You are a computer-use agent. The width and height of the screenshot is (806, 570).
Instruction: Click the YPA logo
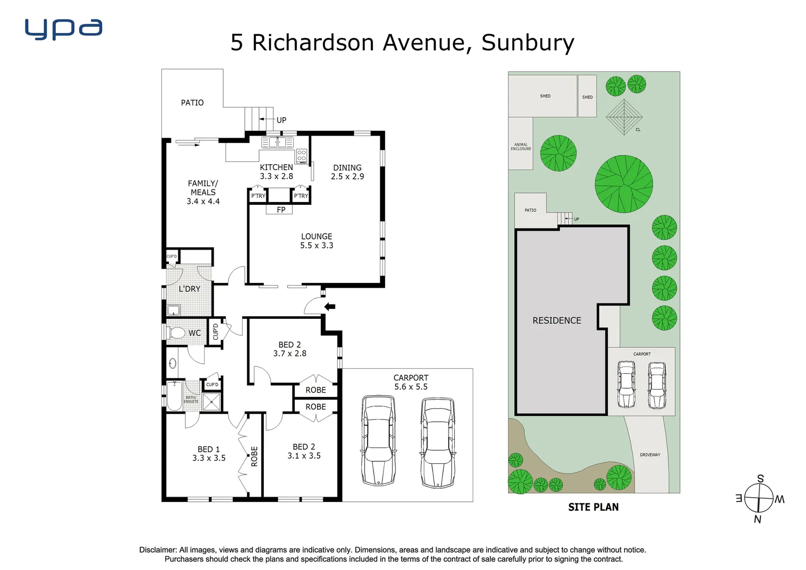(x=63, y=30)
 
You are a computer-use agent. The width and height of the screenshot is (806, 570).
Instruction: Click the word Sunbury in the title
(x=527, y=43)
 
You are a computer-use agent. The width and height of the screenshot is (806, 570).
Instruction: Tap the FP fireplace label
(x=281, y=210)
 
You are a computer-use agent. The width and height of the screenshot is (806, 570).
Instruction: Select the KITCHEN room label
(x=276, y=167)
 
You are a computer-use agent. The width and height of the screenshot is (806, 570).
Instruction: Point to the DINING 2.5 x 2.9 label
(x=347, y=172)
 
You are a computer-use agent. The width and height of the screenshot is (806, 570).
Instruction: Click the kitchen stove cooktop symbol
(x=302, y=156)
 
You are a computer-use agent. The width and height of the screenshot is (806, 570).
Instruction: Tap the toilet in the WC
(x=177, y=333)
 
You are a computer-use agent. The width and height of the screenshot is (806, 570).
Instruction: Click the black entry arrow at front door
(x=330, y=307)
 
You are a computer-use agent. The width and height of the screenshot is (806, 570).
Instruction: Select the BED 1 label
(x=209, y=449)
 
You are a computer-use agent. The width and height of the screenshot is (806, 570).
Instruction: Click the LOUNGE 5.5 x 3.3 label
(x=316, y=241)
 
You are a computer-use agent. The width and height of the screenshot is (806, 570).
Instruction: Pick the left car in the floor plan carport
(x=378, y=441)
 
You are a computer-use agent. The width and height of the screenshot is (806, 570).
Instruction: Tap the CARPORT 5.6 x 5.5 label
(x=411, y=382)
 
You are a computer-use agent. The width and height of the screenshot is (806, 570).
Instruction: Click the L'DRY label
(x=189, y=289)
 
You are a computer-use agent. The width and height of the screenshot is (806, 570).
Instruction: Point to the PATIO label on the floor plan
(x=192, y=103)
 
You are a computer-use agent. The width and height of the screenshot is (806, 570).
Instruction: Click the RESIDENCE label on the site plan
(x=556, y=320)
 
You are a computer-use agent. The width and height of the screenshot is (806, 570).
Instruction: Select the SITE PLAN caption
(x=593, y=507)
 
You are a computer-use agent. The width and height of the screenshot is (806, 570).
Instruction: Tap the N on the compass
(x=757, y=519)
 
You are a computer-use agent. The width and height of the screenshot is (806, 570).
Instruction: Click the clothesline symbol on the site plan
(x=623, y=117)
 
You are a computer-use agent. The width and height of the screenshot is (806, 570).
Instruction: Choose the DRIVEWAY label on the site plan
(x=650, y=454)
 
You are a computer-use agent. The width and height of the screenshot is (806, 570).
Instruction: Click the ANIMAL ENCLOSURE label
(x=521, y=147)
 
